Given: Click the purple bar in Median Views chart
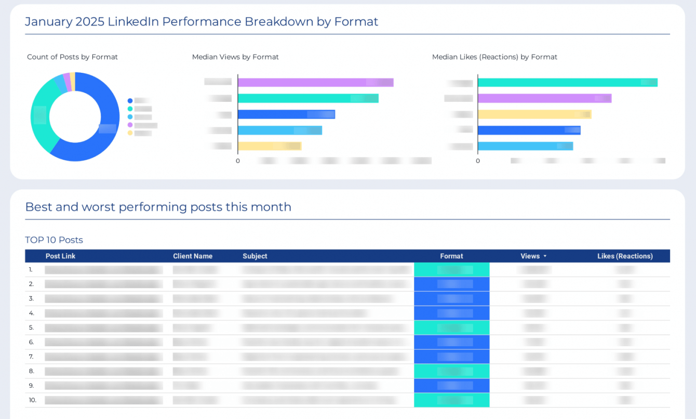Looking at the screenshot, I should click(315, 83).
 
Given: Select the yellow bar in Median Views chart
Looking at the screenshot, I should click(269, 146).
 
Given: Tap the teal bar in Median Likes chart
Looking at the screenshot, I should click(567, 83).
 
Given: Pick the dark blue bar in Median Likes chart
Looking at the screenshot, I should click(529, 130).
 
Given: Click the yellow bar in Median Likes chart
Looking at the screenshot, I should click(534, 114).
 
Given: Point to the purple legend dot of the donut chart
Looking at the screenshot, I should click(130, 125).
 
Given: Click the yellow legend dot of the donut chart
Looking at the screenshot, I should click(130, 133).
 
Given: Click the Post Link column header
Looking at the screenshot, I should click(60, 256).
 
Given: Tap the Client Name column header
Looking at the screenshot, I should click(193, 256).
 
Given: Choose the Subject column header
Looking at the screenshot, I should click(255, 256).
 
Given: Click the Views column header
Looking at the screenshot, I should click(530, 256).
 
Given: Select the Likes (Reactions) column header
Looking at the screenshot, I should click(625, 256).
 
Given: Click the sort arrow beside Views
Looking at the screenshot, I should click(545, 256).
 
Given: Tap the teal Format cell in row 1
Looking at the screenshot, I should click(451, 270).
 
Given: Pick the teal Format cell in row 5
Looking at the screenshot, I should click(451, 328).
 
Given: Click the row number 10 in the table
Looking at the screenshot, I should click(32, 400).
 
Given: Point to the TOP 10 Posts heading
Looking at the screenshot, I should click(54, 240).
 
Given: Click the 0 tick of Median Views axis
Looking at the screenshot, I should click(238, 161).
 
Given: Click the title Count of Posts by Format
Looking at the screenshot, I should click(72, 57).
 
